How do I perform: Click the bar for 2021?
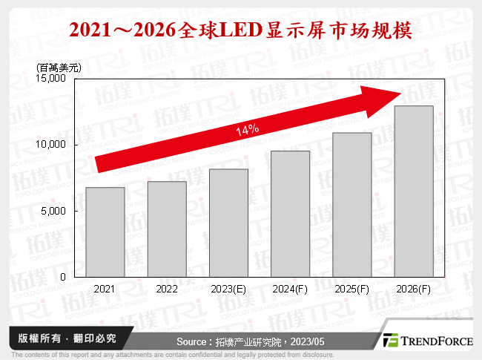[105, 232]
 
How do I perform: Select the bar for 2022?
[167, 229]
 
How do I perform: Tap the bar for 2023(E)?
[228, 223]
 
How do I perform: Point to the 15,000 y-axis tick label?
[54, 78]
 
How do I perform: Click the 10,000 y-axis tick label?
[54, 144]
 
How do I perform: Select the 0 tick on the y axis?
[65, 277]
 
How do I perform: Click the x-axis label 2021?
[105, 289]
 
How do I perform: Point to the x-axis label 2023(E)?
[228, 289]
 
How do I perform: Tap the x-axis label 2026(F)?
[413, 289]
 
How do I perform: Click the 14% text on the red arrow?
[247, 130]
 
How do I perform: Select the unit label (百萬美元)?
[59, 68]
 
